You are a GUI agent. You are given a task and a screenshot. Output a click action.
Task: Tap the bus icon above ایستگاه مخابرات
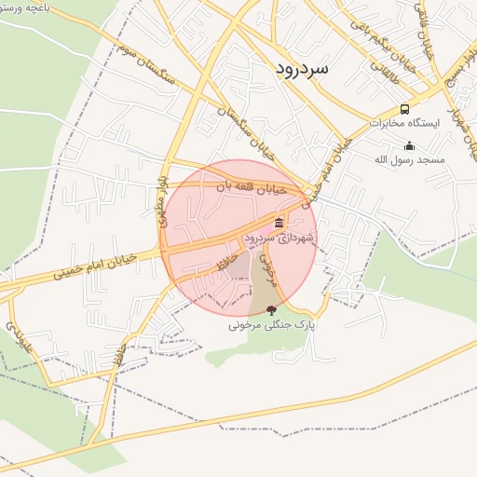tap(404, 109)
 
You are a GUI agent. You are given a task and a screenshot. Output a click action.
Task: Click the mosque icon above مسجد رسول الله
tap(409, 145)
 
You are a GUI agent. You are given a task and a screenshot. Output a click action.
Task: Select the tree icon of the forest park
tap(271, 309)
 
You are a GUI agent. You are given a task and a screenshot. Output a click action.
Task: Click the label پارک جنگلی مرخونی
tap(272, 326)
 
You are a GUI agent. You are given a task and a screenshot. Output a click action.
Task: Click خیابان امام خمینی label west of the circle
tap(96, 265)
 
